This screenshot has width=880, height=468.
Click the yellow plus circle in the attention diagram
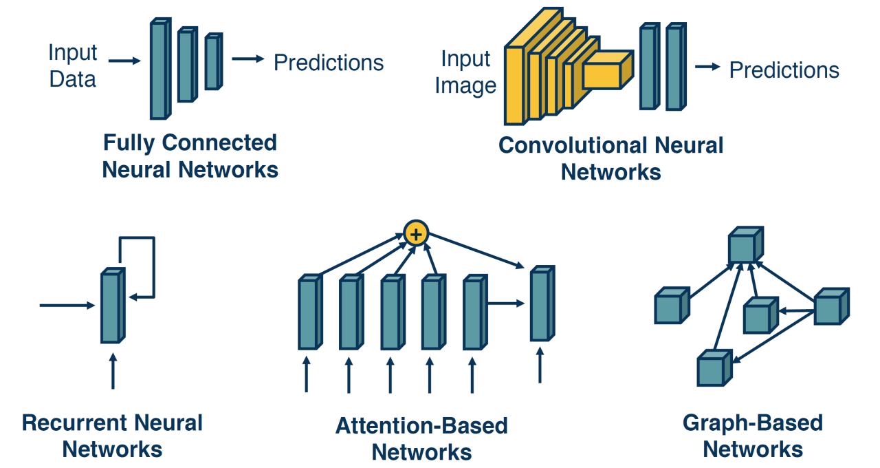point(415,234)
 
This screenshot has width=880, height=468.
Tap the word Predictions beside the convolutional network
point(784,70)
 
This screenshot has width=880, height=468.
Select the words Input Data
point(73,66)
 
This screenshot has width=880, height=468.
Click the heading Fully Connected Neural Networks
point(190,156)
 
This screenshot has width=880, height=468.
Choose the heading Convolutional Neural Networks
point(610,158)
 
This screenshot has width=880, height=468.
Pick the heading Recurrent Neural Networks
point(112,436)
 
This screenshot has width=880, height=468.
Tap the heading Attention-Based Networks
point(421,438)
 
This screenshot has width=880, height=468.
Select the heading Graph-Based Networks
point(752,436)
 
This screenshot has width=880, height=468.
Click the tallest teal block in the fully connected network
point(159,70)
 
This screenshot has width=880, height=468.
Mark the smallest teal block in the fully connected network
point(212,62)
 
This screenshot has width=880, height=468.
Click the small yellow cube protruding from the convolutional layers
point(606,71)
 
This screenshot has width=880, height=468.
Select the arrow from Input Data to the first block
point(124,61)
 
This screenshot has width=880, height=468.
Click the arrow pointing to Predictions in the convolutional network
point(707,67)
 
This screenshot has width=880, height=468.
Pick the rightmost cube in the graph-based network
point(830,308)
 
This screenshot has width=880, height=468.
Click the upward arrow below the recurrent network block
point(113,372)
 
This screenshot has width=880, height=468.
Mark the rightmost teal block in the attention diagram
point(540,304)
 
